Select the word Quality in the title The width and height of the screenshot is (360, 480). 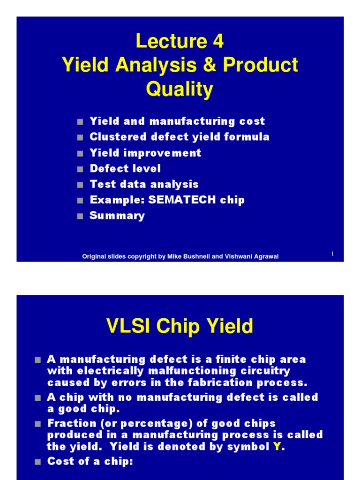(180, 89)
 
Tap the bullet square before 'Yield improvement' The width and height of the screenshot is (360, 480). (81, 153)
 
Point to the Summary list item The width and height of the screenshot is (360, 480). (117, 216)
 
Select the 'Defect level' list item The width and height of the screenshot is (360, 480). (125, 169)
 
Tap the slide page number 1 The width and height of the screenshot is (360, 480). (332, 254)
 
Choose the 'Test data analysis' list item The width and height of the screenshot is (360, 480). (144, 184)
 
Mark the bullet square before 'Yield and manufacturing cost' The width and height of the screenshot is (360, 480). (81, 122)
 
